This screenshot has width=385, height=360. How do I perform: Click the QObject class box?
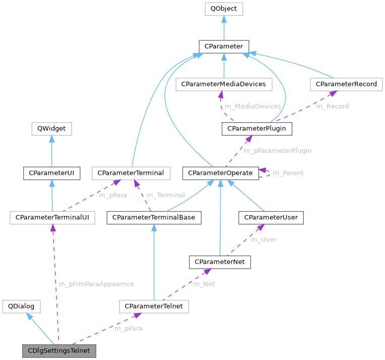224,9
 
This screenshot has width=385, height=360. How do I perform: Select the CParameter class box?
224,46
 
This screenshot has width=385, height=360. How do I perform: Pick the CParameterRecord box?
346,84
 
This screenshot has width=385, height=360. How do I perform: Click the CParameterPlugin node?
257,129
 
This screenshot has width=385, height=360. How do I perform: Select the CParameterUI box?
52,173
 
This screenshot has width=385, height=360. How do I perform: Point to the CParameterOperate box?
220,173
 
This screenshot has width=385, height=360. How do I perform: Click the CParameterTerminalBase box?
154,218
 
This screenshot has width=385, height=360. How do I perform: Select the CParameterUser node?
271,218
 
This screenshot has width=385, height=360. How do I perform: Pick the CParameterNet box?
219,262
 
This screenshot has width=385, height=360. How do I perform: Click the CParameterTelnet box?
154,306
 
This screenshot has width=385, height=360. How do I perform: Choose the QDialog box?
22,306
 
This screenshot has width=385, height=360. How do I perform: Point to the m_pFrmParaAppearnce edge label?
96,284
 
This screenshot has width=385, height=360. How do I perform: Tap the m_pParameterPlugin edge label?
277,150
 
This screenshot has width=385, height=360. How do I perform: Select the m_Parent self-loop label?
288,173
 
